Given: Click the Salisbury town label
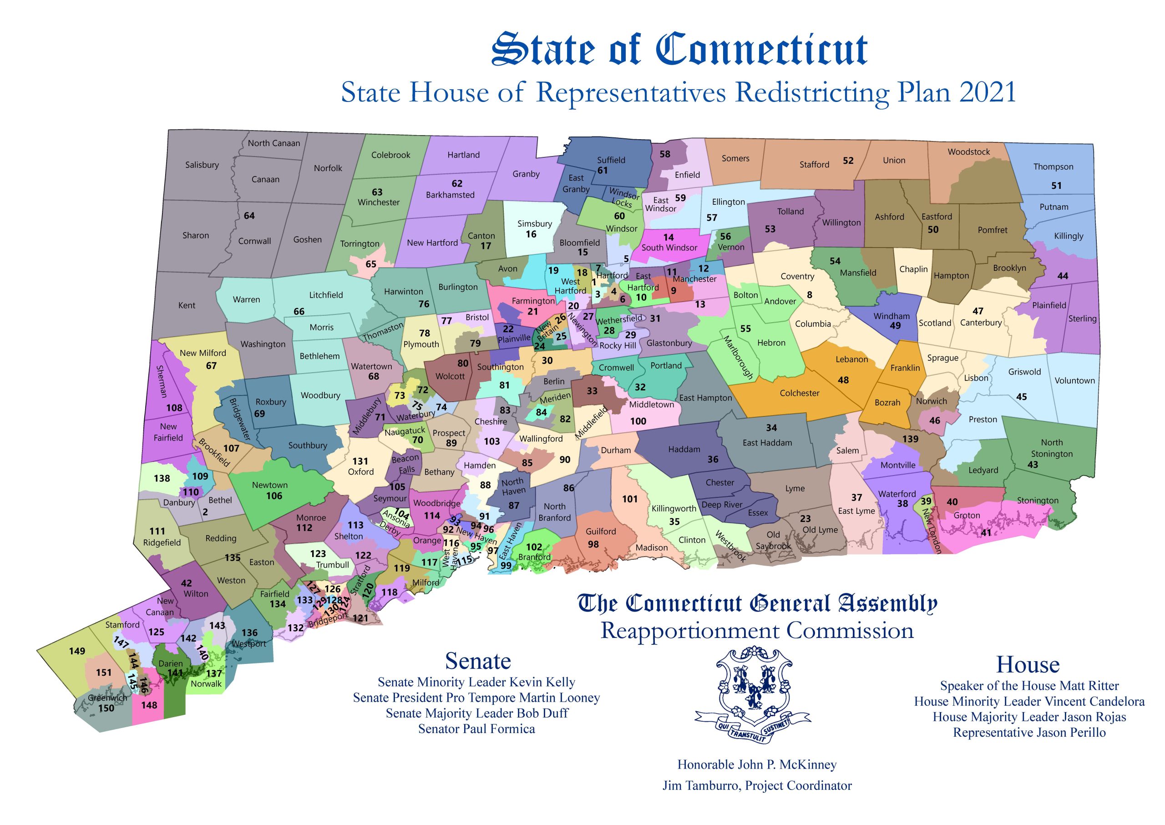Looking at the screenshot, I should (202, 165).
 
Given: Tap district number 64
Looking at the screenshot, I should (249, 216).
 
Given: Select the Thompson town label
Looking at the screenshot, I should (1053, 167).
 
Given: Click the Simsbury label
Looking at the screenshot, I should (534, 223).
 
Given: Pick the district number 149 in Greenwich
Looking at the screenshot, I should (77, 651).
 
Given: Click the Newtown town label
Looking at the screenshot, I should (269, 485).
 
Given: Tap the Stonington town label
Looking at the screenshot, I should (1038, 501).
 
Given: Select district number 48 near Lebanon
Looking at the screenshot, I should (843, 380).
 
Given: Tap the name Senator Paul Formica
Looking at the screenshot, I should (476, 729).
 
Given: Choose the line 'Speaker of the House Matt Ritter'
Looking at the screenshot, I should (1029, 686).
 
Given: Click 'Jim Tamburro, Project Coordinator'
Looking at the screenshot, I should (757, 786).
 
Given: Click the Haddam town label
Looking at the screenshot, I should (684, 449).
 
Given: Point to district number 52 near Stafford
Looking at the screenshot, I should (848, 161).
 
